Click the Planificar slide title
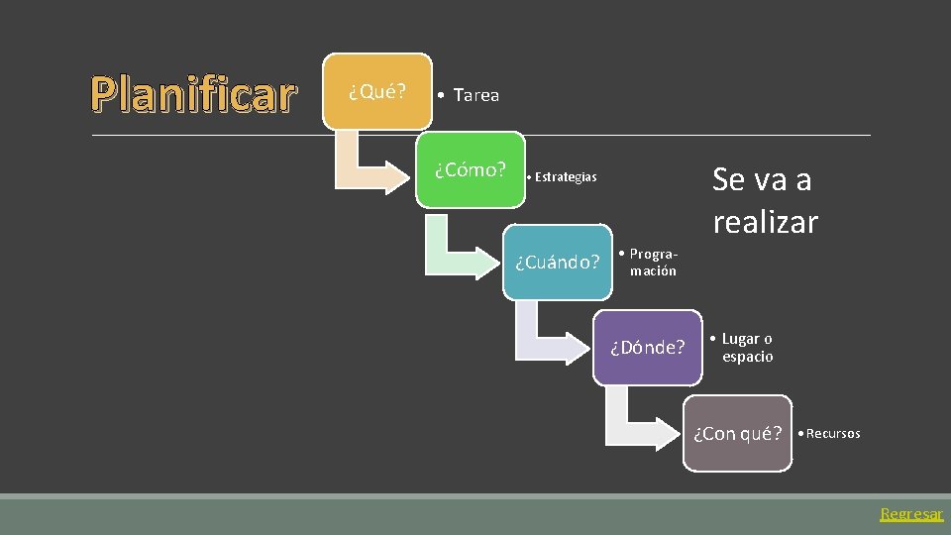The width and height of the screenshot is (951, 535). point(194,95)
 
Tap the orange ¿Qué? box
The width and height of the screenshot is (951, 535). point(377,91)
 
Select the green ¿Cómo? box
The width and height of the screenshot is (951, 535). point(470,169)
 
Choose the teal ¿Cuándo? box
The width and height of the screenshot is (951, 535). point(557,263)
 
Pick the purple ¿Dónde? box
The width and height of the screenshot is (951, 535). point(647,347)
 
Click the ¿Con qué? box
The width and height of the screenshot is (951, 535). point(738,433)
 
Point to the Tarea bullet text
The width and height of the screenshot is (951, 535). point(475,95)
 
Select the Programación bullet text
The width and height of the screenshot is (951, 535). point(653,263)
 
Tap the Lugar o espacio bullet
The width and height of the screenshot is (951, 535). point(746,348)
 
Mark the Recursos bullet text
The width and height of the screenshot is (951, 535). point(832,434)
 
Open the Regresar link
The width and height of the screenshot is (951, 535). point(911,514)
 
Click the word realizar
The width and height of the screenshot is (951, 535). point(765,222)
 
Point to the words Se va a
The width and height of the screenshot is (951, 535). point(761,180)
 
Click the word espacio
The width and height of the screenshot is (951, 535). point(748,357)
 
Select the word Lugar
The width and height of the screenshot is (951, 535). point(741,339)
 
